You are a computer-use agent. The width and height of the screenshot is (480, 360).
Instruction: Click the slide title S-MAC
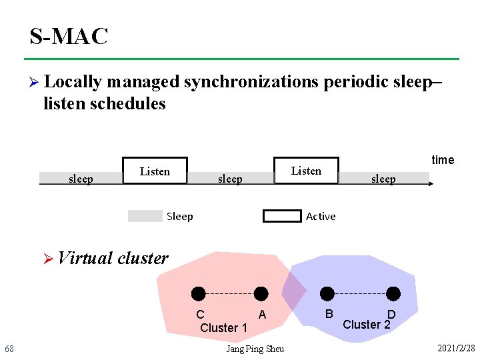click(x=69, y=37)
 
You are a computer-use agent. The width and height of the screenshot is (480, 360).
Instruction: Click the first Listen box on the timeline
click(x=155, y=171)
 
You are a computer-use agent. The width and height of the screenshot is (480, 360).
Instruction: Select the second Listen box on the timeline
click(x=306, y=170)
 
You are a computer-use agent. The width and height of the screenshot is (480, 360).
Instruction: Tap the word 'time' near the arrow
click(x=443, y=160)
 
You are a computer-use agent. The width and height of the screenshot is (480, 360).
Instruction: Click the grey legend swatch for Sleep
click(x=145, y=216)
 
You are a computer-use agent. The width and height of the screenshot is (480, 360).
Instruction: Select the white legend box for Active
click(x=282, y=216)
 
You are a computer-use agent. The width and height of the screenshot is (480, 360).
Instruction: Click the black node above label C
click(x=198, y=293)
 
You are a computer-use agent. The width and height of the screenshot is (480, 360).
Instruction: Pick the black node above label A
click(x=261, y=293)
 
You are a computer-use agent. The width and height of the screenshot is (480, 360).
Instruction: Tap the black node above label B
click(x=327, y=293)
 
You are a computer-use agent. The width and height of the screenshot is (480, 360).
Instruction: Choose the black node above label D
click(x=393, y=293)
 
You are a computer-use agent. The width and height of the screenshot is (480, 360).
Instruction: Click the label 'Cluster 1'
click(x=224, y=328)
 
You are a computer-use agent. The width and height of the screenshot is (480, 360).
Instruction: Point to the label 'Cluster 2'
click(x=366, y=325)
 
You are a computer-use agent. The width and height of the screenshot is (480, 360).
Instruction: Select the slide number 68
click(x=9, y=349)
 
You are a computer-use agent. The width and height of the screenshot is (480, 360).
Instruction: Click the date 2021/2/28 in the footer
click(x=456, y=349)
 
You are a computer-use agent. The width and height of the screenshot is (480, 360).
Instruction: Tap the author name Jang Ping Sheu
click(x=255, y=349)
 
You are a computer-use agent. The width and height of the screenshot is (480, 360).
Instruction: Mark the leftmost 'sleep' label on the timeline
click(x=81, y=179)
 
